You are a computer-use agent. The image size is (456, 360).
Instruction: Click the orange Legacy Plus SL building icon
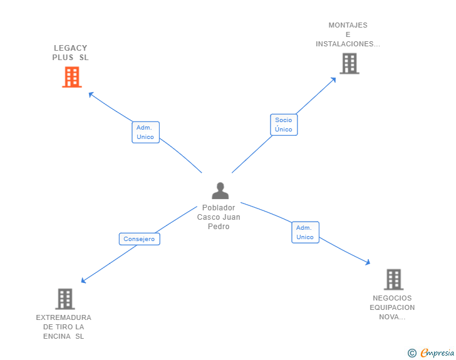coord(72,77)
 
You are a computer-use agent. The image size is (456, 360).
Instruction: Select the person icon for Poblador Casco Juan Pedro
coord(220,191)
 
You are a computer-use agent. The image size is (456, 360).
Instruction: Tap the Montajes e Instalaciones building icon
coord(350,63)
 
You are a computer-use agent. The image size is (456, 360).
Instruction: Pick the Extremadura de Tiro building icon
coord(65,299)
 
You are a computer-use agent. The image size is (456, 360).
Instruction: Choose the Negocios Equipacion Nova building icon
coord(393,279)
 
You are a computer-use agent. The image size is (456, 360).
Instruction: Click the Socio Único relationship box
coord(284,125)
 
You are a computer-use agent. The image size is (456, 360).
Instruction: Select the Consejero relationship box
coord(139,239)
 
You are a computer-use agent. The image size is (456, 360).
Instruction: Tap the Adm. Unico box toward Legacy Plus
coord(145,132)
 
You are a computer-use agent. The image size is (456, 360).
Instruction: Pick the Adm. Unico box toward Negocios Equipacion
coord(305,232)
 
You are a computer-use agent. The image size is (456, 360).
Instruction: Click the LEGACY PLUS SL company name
coord(70,53)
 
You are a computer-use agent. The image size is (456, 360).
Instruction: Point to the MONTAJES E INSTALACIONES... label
coord(348,35)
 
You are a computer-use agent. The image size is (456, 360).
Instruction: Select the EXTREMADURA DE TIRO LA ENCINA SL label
coord(63,327)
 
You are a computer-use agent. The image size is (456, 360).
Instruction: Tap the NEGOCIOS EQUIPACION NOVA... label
coord(392,307)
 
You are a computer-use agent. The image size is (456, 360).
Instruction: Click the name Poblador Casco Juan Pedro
coord(219,217)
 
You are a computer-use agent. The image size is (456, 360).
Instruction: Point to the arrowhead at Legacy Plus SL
coord(90,94)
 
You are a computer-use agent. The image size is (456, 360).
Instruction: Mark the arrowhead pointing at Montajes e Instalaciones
coord(334,79)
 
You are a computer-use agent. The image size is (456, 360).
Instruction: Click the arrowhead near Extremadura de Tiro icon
coord(83,281)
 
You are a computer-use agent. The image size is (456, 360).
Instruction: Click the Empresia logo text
coord(437,353)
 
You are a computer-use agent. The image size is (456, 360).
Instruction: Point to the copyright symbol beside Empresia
coord(412,353)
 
